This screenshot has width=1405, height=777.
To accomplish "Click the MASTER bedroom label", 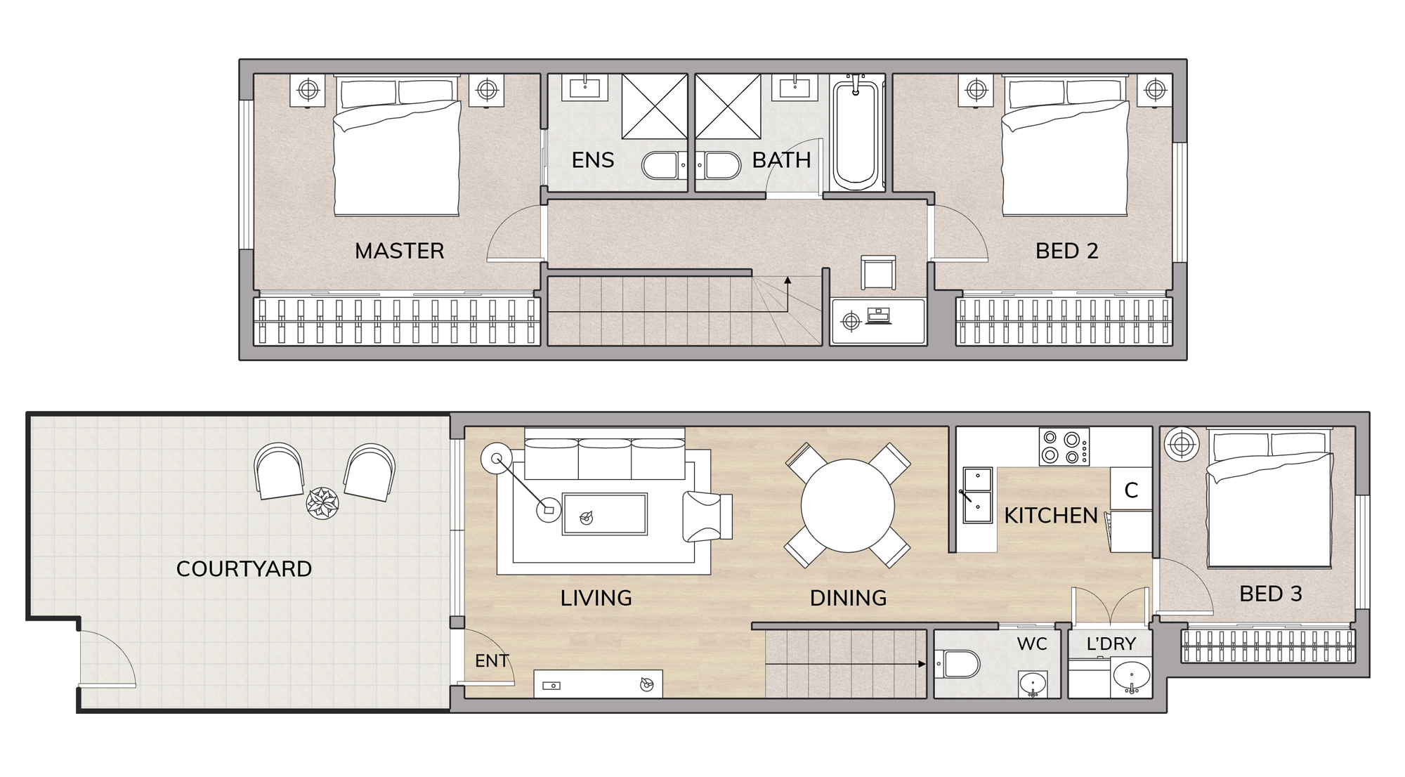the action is pos(399,251).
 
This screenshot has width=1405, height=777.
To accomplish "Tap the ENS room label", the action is pos(593,160).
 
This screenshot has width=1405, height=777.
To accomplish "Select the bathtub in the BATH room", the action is pos(856,133).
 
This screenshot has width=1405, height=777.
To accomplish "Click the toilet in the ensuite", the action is pos(664,166).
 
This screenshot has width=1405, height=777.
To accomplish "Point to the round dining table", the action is pos(848,505).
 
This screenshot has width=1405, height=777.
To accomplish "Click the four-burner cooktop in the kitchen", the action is pos(1064,447).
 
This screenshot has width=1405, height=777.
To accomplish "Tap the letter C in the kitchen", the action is pos(1131,490).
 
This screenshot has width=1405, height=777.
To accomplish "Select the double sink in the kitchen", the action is pos(977,496).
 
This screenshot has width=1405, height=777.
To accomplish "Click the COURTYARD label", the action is pos(244,568).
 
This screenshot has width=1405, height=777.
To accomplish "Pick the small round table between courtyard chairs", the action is pos(322,503).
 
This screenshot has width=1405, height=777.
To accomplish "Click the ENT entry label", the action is pos(492,660).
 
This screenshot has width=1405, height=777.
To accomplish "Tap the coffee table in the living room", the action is pos(604,514).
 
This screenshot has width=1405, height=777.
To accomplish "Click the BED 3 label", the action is pos(1271,594).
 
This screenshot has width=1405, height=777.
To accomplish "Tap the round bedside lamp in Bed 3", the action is pos(1182,444).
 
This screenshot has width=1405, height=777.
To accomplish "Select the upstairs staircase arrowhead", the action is pos(788,280).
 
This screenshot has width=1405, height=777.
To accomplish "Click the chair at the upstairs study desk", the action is pos(878,273).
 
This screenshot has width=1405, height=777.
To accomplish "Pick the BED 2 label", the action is pos(1066,251).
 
